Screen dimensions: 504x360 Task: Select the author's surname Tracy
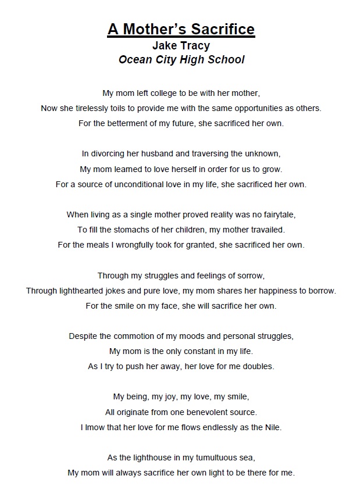click(196, 45)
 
